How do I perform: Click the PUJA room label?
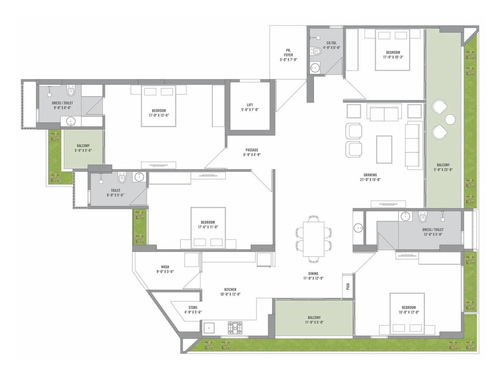[348, 286]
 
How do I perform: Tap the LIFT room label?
[250, 105]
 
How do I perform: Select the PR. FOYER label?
[288, 52]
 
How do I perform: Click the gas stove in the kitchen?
[235, 327]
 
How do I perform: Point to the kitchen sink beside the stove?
[209, 328]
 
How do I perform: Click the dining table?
[314, 239]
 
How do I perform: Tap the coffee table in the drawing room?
[384, 149]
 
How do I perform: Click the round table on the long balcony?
[450, 119]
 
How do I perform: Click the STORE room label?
[193, 307]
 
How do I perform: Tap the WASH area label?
[165, 267]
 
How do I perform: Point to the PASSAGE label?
[252, 150]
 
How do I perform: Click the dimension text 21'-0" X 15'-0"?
[370, 179]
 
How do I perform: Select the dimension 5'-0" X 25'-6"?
[443, 169]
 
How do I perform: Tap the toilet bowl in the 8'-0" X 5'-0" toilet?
[122, 177]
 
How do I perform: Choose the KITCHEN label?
[230, 289]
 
